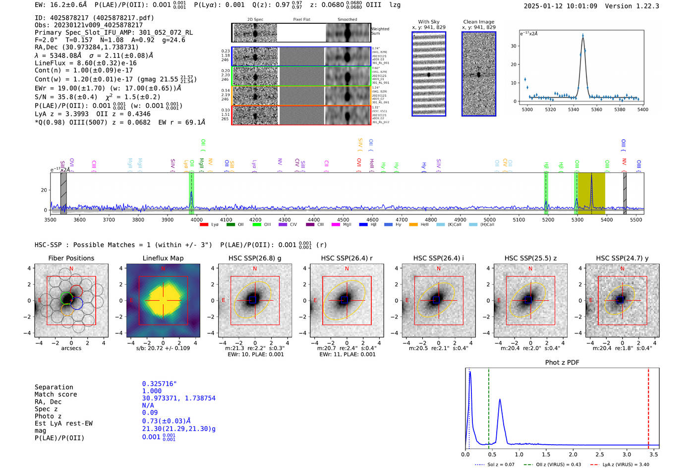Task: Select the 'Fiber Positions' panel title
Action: coord(71,258)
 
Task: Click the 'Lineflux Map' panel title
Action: coord(163,258)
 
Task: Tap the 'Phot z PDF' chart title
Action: coord(562,362)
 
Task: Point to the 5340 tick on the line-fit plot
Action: coord(574,109)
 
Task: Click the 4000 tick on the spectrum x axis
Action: coord(197,219)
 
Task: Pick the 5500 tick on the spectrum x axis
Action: coord(636,219)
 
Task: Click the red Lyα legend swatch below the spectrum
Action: coord(204,225)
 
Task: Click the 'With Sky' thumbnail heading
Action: coord(428,22)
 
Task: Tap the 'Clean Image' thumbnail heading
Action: coord(478,22)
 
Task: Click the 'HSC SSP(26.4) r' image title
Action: coord(347,258)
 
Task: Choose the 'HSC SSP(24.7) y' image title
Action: coord(622,258)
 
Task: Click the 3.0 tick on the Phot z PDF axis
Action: coord(627,454)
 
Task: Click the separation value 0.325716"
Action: coord(159,384)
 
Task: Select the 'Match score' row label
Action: coord(56,394)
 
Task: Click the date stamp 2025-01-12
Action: coord(543,6)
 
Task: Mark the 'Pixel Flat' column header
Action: coord(301,20)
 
